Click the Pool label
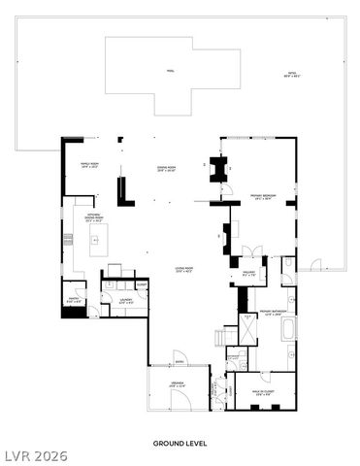(170, 71)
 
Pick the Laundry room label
(125, 302)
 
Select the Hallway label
(247, 274)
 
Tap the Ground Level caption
(180, 443)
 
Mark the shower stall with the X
(248, 328)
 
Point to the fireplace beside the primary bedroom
(217, 171)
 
